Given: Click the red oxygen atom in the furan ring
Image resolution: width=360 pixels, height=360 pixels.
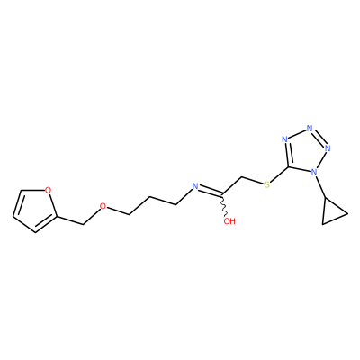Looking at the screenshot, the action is pyautogui.click(x=48, y=190).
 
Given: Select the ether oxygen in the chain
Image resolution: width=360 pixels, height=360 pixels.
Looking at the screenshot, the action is pyautogui.click(x=103, y=206).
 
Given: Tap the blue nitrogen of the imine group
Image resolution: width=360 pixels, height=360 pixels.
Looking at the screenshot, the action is pyautogui.click(x=195, y=186).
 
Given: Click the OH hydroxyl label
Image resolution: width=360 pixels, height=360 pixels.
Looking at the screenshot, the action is pyautogui.click(x=229, y=221).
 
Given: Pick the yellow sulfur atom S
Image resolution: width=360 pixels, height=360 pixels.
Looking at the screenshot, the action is pyautogui.click(x=267, y=184).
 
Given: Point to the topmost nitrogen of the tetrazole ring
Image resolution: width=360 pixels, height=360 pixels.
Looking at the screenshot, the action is pyautogui.click(x=310, y=129).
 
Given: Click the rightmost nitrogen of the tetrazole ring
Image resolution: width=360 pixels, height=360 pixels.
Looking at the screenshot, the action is pyautogui.click(x=328, y=148).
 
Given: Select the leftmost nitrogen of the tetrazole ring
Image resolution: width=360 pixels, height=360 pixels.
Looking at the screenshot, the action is pyautogui.click(x=285, y=139).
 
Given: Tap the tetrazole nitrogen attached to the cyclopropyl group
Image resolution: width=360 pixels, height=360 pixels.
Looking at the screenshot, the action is pyautogui.click(x=314, y=172).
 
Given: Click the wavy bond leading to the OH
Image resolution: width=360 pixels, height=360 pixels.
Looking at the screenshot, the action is pyautogui.click(x=224, y=205).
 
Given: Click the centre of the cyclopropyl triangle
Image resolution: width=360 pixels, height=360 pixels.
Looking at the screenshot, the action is pyautogui.click(x=332, y=213).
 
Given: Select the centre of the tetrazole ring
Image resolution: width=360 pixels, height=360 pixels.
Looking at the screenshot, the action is pyautogui.click(x=305, y=151).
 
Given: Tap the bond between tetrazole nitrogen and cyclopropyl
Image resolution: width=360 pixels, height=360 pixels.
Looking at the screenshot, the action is pyautogui.click(x=320, y=187).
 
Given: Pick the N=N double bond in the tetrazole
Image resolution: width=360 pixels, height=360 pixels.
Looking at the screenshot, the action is pyautogui.click(x=319, y=138).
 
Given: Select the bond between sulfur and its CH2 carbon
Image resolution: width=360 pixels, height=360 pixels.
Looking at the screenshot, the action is pyautogui.click(x=252, y=180).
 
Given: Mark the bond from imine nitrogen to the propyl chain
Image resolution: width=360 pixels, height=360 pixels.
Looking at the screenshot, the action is pyautogui.click(x=183, y=197).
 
